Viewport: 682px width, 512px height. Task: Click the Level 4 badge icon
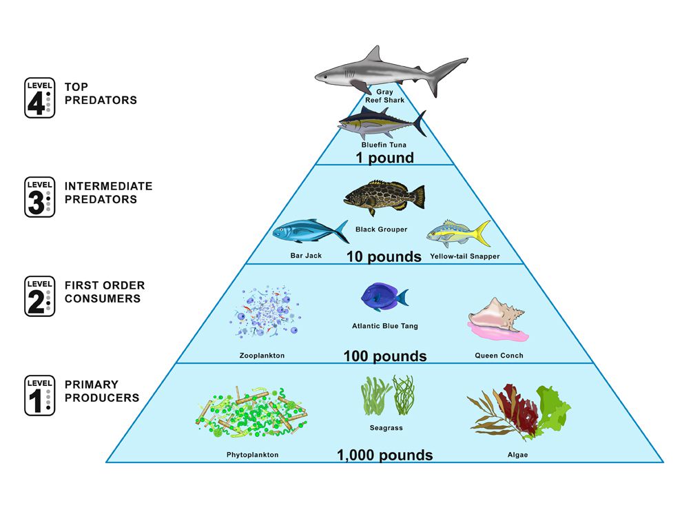click(39, 98)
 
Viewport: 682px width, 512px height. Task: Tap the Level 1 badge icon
click(39, 396)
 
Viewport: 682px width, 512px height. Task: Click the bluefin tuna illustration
click(382, 123)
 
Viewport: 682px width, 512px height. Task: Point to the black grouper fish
click(384, 197)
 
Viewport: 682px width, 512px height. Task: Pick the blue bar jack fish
click(311, 231)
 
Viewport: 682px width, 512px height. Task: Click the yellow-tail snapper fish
click(458, 234)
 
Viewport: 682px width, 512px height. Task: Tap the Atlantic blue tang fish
click(384, 297)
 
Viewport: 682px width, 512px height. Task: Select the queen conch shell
click(498, 320)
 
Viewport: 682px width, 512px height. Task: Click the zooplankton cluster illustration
click(266, 312)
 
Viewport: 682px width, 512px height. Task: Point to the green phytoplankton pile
click(251, 412)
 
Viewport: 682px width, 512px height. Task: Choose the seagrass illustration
click(387, 395)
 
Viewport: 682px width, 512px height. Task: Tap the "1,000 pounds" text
click(385, 455)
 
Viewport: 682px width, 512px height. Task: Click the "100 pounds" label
click(385, 356)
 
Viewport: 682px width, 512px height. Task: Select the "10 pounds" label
click(384, 256)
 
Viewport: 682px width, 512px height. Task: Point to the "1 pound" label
click(384, 158)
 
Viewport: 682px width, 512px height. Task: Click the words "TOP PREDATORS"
click(101, 94)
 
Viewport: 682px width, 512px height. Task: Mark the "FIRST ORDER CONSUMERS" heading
click(105, 292)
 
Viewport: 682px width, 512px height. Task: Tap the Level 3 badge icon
click(39, 197)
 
